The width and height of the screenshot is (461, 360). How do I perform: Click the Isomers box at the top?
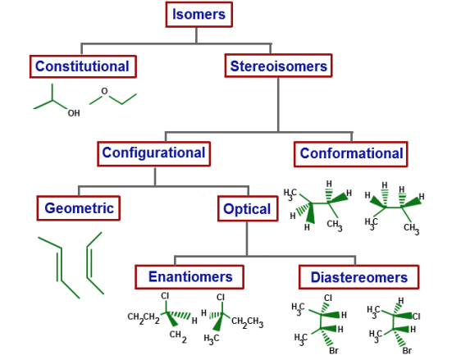pyautogui.click(x=199, y=14)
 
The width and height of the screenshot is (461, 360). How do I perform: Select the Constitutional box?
pyautogui.click(x=82, y=66)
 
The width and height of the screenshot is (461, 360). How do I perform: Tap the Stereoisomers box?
pyautogui.click(x=278, y=66)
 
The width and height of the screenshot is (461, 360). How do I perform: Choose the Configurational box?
pyautogui.click(x=153, y=153)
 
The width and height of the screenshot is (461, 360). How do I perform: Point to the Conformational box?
pyautogui.click(x=351, y=153)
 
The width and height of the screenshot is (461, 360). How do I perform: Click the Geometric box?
pyautogui.click(x=79, y=208)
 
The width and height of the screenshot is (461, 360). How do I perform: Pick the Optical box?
pyautogui.click(x=247, y=209)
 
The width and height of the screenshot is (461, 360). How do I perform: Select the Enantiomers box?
pyautogui.click(x=190, y=276)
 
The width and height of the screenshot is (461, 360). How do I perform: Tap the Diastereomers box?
pyautogui.click(x=358, y=277)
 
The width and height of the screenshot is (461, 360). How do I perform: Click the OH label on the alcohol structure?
pyautogui.click(x=74, y=113)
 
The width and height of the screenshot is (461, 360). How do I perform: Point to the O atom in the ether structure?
pyautogui.click(x=104, y=91)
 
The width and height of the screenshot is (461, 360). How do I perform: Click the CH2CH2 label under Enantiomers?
pyautogui.click(x=144, y=317)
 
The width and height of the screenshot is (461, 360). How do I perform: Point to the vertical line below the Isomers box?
pyautogui.click(x=199, y=34)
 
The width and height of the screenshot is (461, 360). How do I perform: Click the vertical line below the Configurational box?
pyautogui.click(x=154, y=175)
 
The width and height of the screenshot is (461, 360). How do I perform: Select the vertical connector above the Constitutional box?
pyautogui.click(x=81, y=49)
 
